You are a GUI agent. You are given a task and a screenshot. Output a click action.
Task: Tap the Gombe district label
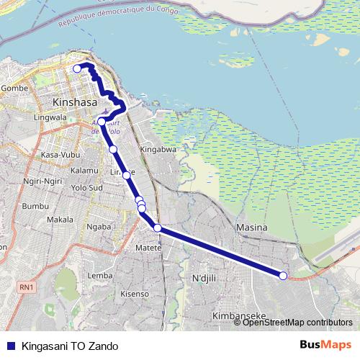[14, 88]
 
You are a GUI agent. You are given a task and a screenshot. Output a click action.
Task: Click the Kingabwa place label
[158, 150]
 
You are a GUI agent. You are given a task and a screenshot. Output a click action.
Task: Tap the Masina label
[251, 228]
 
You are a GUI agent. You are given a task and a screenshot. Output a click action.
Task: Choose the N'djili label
[204, 277]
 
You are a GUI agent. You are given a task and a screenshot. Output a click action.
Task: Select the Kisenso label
[135, 294]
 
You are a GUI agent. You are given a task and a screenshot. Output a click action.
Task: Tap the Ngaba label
[98, 226]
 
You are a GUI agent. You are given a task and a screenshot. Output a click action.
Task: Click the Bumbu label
[34, 206]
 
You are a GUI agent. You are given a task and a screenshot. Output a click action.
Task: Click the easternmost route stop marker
[283, 276]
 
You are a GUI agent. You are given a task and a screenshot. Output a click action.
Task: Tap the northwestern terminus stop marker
[78, 68]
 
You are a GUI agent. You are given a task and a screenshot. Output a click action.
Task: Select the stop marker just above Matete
[157, 228]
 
